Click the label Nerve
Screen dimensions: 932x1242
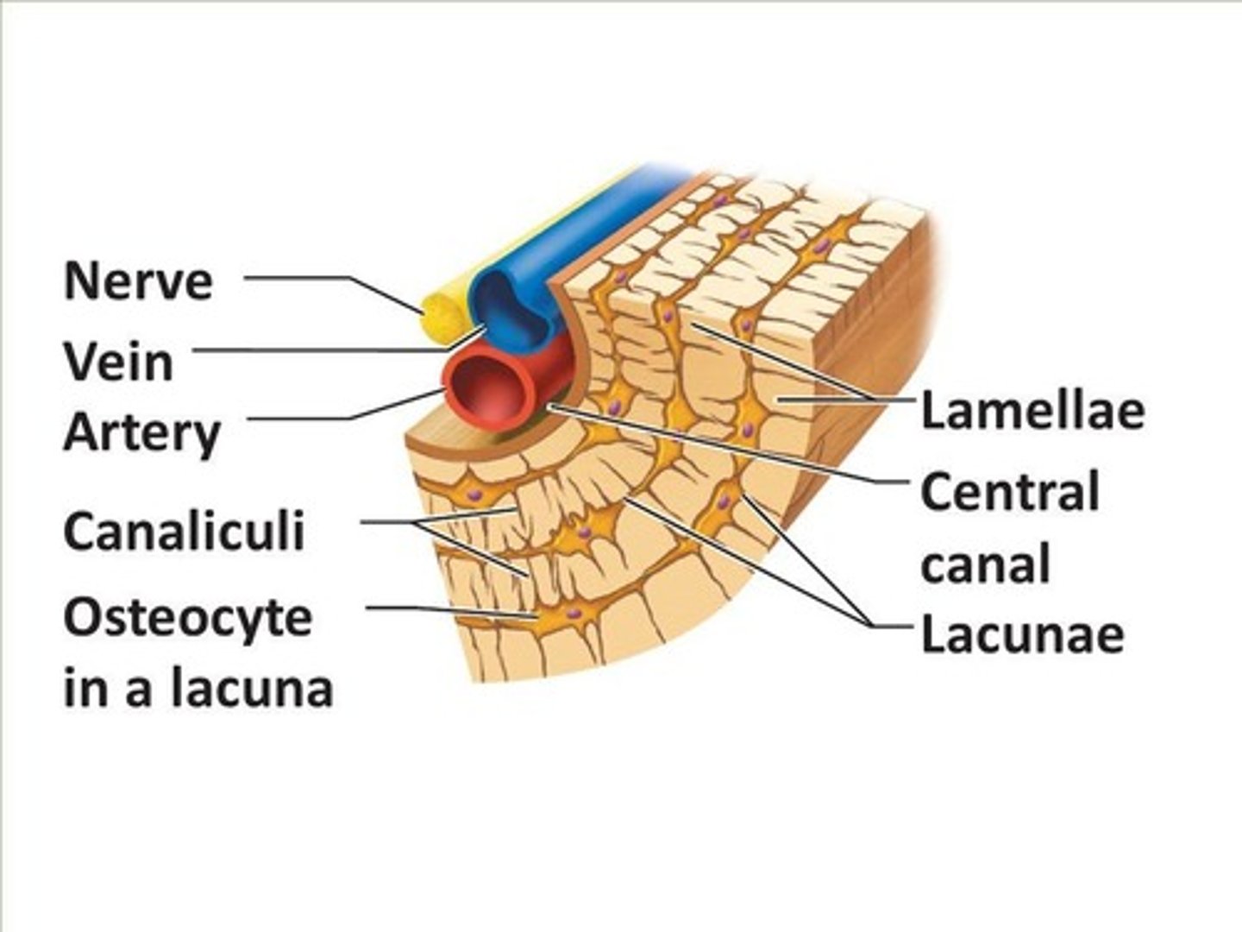coord(138,280)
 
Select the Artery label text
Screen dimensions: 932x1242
coord(142,433)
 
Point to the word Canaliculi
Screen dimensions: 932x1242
coord(184,531)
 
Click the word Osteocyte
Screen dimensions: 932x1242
coord(187,618)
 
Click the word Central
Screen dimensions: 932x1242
coord(1010,493)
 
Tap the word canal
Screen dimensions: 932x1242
coord(985,565)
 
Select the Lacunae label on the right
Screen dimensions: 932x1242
coord(1022,634)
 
